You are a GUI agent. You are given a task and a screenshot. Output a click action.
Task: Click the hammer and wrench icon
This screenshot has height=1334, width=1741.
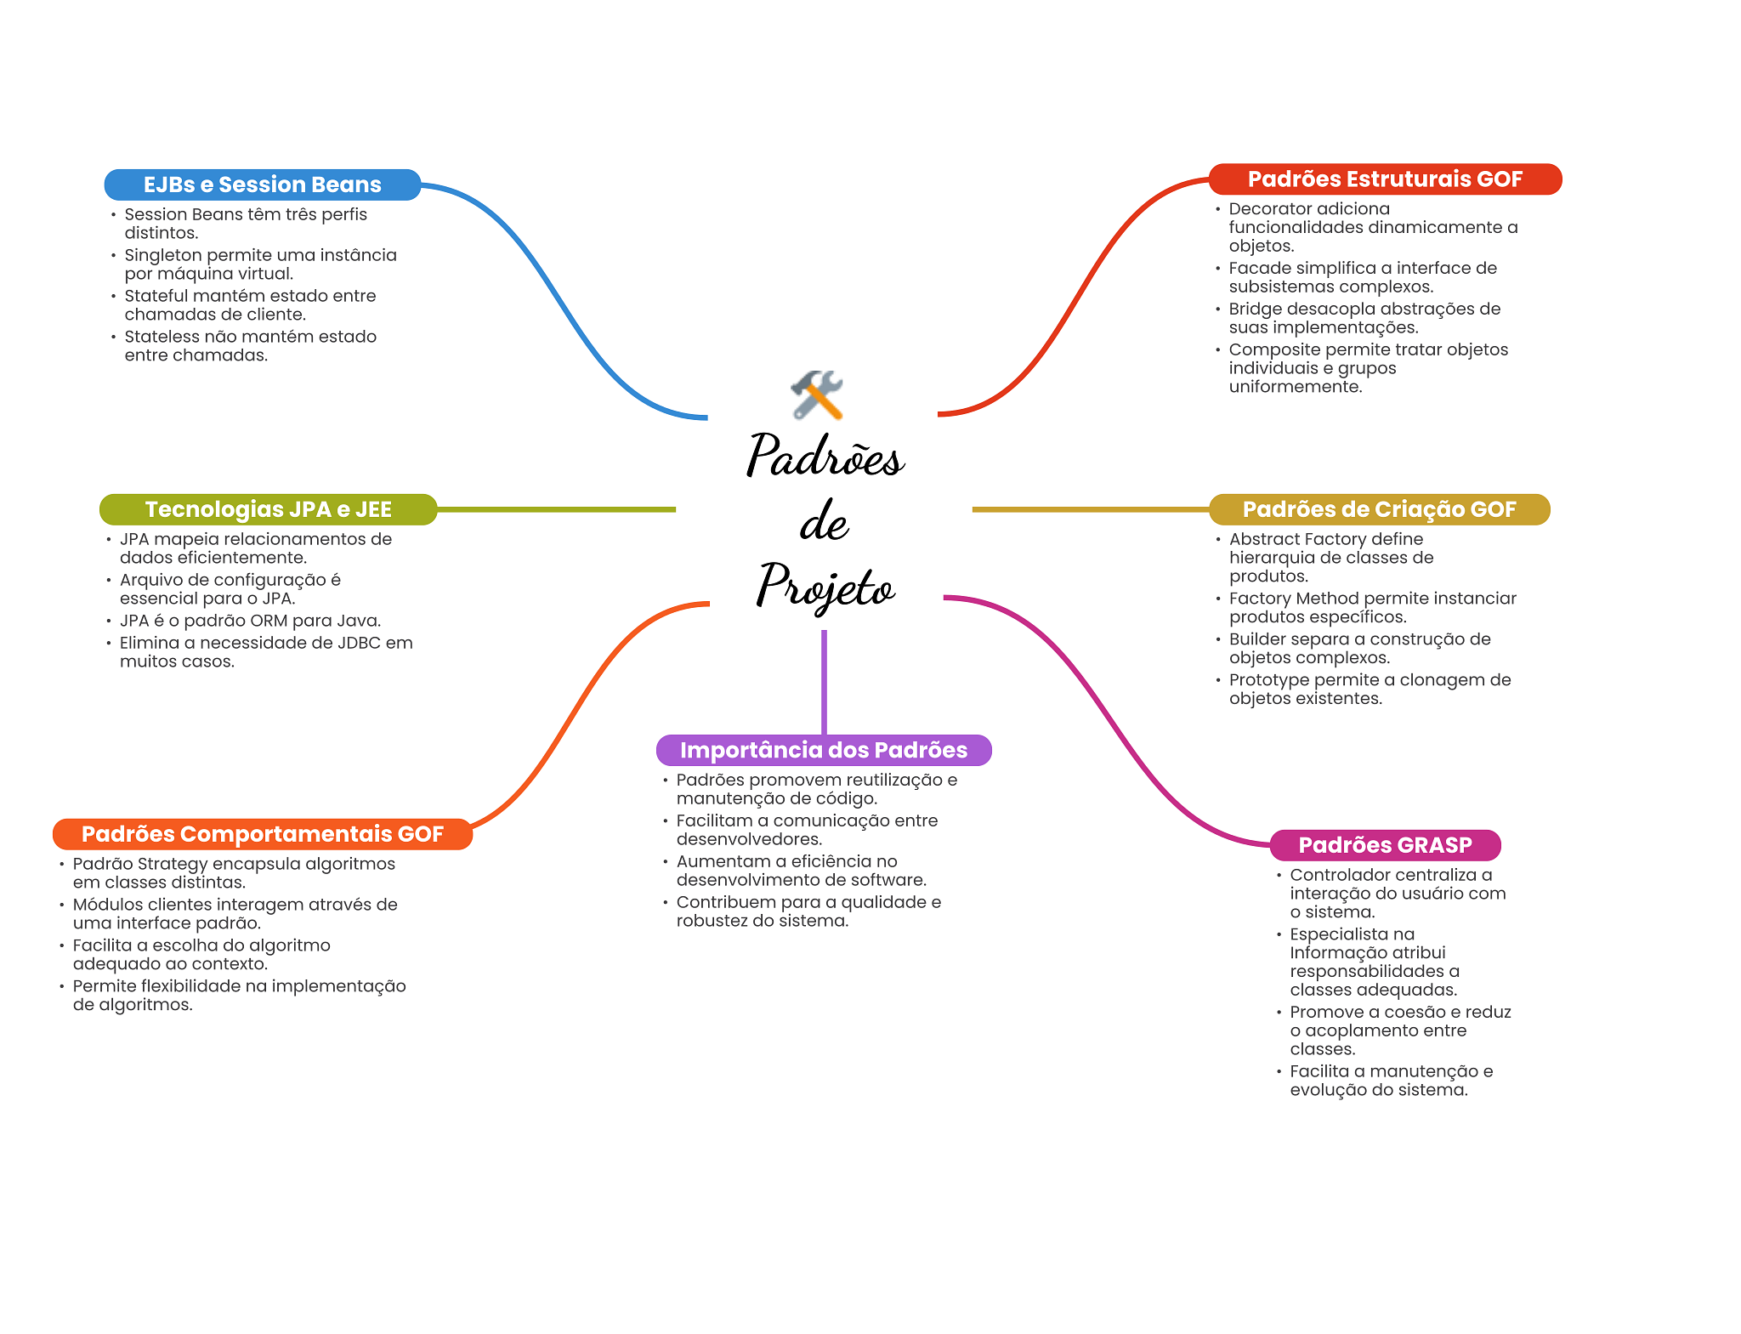pos(817,395)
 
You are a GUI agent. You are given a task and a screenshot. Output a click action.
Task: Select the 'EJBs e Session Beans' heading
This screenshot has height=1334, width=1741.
pos(262,184)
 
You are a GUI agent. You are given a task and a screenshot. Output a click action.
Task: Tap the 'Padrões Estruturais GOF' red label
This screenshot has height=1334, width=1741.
pos(1384,179)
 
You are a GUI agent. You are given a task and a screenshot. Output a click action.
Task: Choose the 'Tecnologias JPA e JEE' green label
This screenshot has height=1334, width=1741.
pos(268,509)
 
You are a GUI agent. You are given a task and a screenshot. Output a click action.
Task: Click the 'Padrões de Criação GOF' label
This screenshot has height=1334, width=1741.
pos(1379,509)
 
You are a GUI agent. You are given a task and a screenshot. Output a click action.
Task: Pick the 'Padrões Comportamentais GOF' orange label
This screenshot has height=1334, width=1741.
pos(262,834)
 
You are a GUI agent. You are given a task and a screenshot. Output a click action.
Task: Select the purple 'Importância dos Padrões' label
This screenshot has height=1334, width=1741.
pos(823,750)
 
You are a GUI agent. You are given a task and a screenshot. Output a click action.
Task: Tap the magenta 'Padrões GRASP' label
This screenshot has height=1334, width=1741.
pos(1385,845)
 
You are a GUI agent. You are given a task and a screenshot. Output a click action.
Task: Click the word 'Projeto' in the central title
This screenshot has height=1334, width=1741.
pos(825,586)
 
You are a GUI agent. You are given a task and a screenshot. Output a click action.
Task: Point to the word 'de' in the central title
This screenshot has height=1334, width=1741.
pos(824,521)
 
